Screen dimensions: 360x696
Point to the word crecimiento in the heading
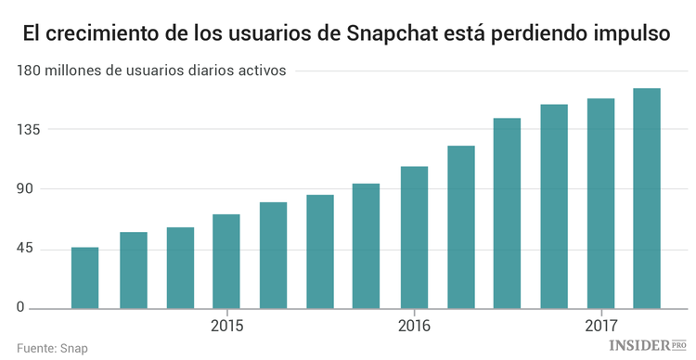pyautogui.click(x=101, y=36)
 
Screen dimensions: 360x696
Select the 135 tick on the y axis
pyautogui.click(x=28, y=130)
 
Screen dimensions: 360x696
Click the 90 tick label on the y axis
pyautogui.click(x=23, y=189)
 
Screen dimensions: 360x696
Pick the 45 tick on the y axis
pyautogui.click(x=23, y=249)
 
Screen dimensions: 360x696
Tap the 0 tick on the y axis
pyautogui.click(x=19, y=309)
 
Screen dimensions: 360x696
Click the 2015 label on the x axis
pyautogui.click(x=226, y=327)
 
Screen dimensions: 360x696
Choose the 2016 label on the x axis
pyautogui.click(x=414, y=327)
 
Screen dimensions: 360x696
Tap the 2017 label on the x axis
pyautogui.click(x=601, y=327)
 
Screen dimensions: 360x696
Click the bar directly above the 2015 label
pyautogui.click(x=226, y=262)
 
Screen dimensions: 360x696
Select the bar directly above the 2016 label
pyautogui.click(x=414, y=238)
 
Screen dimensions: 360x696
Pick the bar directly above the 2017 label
pyautogui.click(x=601, y=203)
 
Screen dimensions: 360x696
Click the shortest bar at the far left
pyautogui.click(x=85, y=278)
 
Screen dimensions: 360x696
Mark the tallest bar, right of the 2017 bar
pyautogui.click(x=647, y=199)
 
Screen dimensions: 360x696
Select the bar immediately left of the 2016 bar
pyautogui.click(x=367, y=246)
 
